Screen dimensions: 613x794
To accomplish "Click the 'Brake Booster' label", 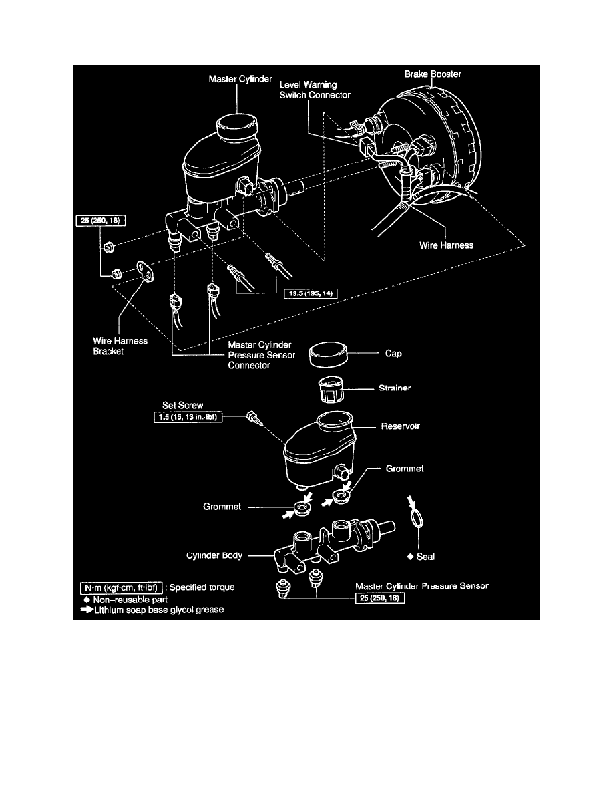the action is [x=433, y=74].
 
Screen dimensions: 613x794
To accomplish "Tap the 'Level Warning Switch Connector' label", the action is [x=315, y=90].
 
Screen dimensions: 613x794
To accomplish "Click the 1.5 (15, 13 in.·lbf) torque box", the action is [x=188, y=417].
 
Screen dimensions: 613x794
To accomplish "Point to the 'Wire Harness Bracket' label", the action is [x=120, y=346].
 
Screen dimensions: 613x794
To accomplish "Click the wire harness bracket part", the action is [x=145, y=271].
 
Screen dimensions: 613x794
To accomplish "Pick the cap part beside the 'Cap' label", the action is [x=328, y=354].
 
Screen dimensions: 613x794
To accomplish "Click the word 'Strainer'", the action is [x=395, y=388].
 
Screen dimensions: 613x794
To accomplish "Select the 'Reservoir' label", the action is [x=400, y=426].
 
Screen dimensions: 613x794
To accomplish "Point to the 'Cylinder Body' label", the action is [x=214, y=555].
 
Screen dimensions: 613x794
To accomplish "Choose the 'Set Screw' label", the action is [x=182, y=405].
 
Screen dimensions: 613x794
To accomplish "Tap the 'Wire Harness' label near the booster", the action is [x=446, y=245].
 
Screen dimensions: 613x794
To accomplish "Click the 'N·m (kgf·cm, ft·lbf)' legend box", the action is [x=122, y=588].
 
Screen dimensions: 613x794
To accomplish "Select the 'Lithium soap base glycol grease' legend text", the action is [x=159, y=610].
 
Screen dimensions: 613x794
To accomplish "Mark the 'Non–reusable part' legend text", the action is [x=130, y=599].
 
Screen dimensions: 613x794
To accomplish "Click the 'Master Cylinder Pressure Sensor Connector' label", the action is [x=262, y=355].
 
